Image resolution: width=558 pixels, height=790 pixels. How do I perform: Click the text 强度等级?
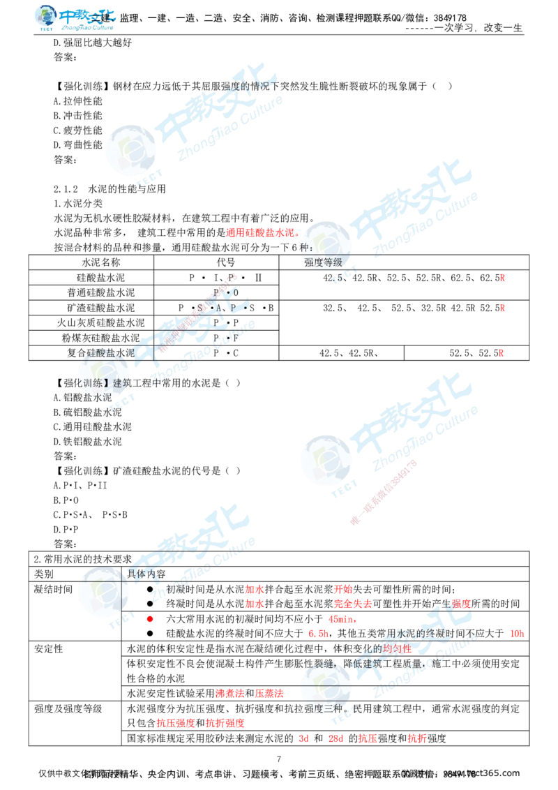[x=322, y=262]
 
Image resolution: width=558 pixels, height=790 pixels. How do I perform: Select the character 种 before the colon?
[x=303, y=248]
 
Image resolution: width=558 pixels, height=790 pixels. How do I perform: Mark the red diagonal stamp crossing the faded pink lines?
[x=384, y=492]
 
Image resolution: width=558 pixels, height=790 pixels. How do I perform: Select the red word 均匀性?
[x=398, y=649]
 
